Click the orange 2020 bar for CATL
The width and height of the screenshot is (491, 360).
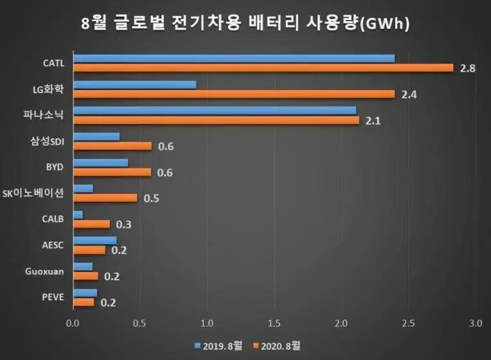(x=263, y=67)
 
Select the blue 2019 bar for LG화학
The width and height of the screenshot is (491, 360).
(x=135, y=84)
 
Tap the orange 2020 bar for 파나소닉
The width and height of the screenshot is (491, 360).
(x=216, y=120)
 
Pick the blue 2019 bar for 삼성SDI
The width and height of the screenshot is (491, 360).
(x=96, y=136)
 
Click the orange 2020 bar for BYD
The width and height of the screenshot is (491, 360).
(x=112, y=172)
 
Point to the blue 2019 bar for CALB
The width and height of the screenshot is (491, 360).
(x=78, y=215)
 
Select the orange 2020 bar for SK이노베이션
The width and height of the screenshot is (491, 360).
(x=105, y=197)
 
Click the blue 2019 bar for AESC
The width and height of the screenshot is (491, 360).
(x=95, y=240)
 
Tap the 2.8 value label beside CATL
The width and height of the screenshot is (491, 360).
(x=467, y=68)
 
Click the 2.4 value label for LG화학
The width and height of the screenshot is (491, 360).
(x=409, y=94)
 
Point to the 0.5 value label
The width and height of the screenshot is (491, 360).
(x=152, y=198)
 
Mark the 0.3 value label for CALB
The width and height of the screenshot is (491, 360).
(x=125, y=224)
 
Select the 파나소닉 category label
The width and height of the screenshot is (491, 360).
(x=50, y=115)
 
